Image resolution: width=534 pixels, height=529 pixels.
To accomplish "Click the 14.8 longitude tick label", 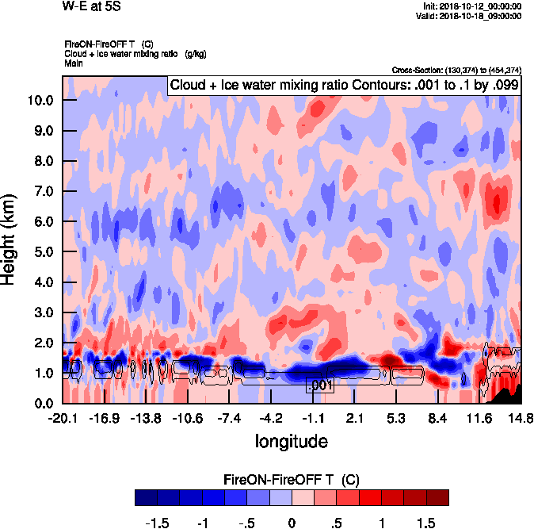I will pyautogui.click(x=521, y=417).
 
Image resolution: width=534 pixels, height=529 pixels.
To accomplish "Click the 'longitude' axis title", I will pyautogui.click(x=291, y=440).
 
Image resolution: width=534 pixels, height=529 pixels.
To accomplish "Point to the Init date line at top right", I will pyautogui.click(x=473, y=6).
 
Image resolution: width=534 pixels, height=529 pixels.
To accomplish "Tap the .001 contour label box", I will pyautogui.click(x=319, y=385).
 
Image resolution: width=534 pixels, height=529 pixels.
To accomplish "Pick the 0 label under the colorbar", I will pyautogui.click(x=292, y=523).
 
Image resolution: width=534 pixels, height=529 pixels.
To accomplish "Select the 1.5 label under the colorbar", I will pyautogui.click(x=425, y=523).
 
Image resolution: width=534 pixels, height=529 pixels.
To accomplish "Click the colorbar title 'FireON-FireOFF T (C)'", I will pyautogui.click(x=292, y=480).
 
